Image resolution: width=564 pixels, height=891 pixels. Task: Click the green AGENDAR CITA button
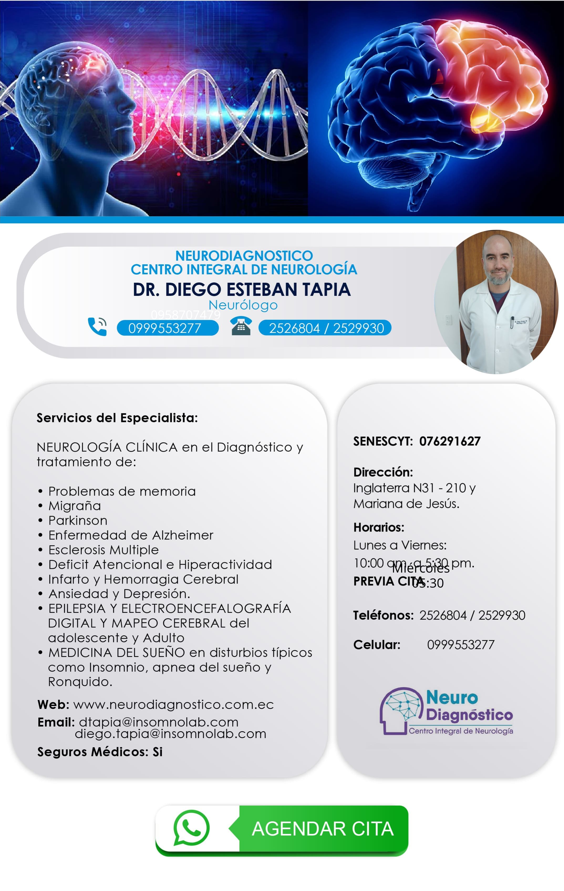point(323,829)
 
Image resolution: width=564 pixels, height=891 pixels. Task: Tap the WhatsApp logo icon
point(191,828)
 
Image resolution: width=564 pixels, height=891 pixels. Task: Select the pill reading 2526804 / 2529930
point(325,328)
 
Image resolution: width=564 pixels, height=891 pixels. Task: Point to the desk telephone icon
point(241,326)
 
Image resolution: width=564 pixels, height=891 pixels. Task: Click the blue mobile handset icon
point(97,327)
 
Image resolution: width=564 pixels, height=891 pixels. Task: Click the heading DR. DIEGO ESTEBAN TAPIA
point(241,289)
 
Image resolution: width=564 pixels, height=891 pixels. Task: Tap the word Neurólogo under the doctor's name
point(243,305)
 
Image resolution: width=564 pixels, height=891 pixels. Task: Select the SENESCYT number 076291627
point(450,441)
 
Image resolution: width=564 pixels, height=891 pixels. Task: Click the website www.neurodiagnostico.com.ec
point(173,704)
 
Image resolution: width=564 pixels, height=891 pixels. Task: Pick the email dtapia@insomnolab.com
point(158,722)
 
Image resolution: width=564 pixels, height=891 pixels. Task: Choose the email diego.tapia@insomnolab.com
point(170,734)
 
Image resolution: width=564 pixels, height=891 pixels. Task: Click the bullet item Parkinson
point(78,521)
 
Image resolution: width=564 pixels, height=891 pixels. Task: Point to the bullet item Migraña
point(74,506)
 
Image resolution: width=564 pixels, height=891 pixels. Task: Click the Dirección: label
point(383,472)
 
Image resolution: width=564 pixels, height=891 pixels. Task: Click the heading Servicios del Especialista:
point(117,418)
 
